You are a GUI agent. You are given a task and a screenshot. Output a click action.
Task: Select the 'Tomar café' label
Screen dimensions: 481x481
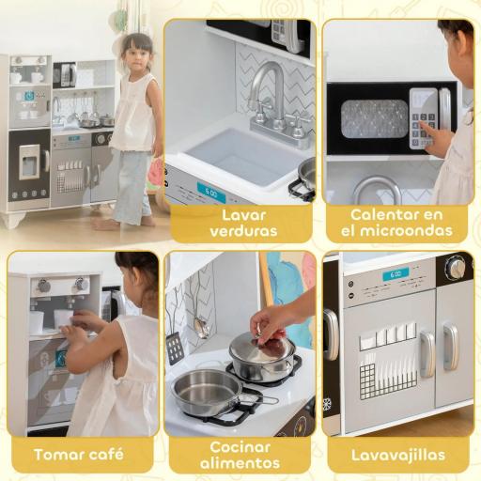80,455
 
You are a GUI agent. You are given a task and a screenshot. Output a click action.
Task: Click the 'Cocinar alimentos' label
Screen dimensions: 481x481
240,455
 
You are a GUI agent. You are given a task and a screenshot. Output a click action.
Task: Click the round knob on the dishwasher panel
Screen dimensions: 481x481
456,268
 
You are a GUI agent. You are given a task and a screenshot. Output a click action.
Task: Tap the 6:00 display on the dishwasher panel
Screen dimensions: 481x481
396,274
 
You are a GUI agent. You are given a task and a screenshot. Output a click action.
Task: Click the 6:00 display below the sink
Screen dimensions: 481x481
210,192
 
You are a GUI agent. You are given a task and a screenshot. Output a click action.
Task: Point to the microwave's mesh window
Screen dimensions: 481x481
374,119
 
